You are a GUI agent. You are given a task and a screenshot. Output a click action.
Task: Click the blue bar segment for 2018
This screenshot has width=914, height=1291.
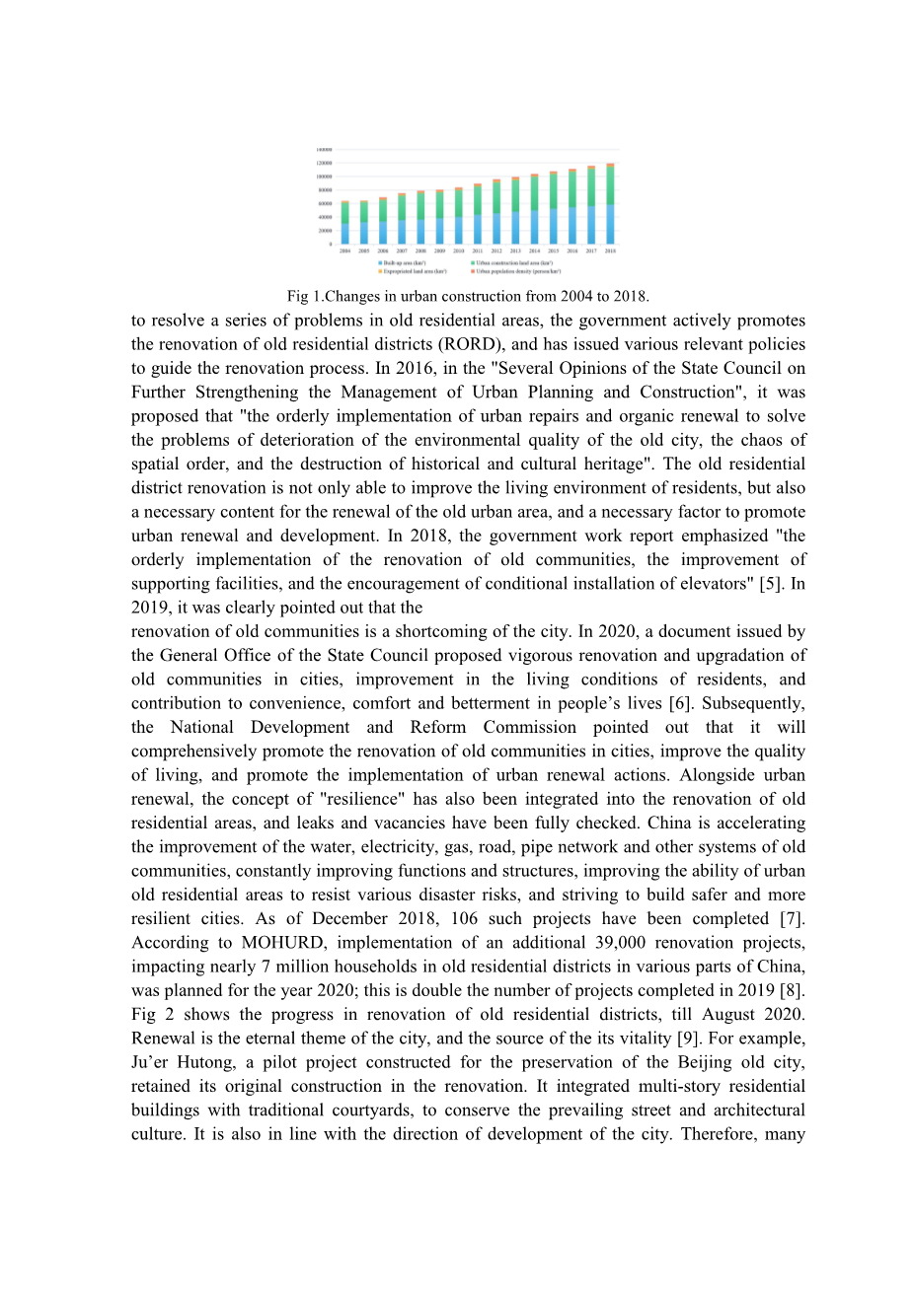click(610, 224)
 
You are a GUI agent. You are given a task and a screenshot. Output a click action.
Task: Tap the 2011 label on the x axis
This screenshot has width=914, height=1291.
click(478, 251)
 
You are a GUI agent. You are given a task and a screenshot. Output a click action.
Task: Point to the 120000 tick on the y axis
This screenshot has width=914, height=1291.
click(324, 163)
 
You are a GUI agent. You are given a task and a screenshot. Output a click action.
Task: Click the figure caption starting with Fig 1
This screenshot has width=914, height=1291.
click(468, 296)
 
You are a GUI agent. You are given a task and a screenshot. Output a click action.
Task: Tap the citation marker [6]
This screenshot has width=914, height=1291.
click(680, 703)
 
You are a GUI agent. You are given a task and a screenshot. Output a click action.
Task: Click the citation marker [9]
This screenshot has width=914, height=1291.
click(688, 1038)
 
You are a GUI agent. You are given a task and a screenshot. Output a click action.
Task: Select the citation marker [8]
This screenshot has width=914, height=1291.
click(792, 990)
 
